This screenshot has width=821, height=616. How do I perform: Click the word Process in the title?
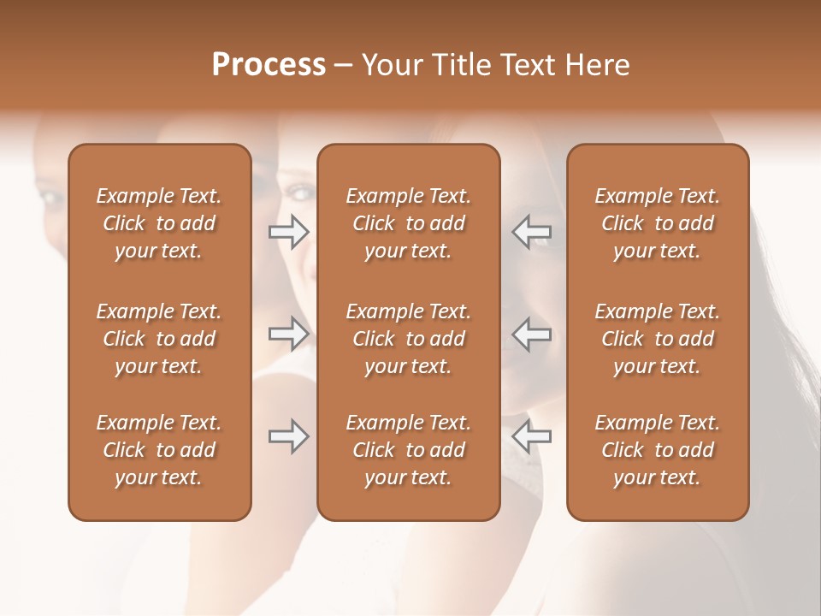[x=269, y=65]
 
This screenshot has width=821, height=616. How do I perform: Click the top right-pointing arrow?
[x=288, y=232]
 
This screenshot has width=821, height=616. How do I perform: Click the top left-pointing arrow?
[x=531, y=232]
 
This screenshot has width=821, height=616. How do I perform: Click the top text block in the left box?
[x=159, y=223]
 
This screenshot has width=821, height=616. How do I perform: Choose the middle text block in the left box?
[x=159, y=339]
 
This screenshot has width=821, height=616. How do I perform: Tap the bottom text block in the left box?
[x=159, y=450]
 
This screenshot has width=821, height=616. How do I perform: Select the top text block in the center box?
[x=408, y=223]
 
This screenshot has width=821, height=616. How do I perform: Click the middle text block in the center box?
[x=408, y=339]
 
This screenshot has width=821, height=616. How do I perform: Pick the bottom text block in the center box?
[x=408, y=450]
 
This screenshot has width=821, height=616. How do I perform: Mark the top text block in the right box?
[x=657, y=223]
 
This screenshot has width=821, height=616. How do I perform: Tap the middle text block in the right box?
[x=657, y=339]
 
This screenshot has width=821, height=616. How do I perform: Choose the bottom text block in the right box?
[x=657, y=450]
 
